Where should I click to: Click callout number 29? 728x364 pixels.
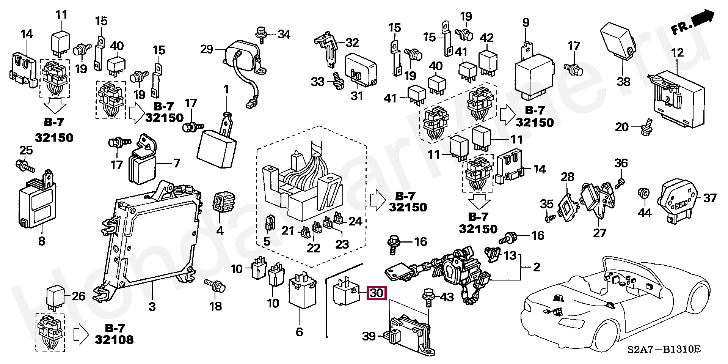click(x=207, y=49)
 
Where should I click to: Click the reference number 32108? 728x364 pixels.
click(x=114, y=339)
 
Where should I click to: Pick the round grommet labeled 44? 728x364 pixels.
click(x=643, y=193)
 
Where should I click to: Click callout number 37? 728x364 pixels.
click(x=710, y=198)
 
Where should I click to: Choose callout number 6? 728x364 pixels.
click(x=300, y=332)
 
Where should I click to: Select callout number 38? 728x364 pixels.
click(x=623, y=81)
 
